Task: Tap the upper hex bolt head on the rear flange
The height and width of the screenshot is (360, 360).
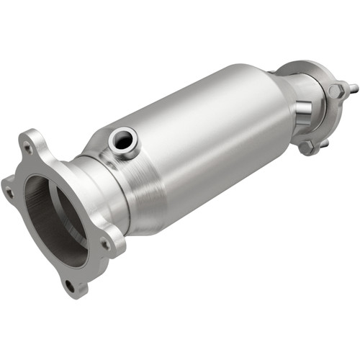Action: pos(336,91)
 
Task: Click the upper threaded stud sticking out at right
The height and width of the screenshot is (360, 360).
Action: pos(353,89)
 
